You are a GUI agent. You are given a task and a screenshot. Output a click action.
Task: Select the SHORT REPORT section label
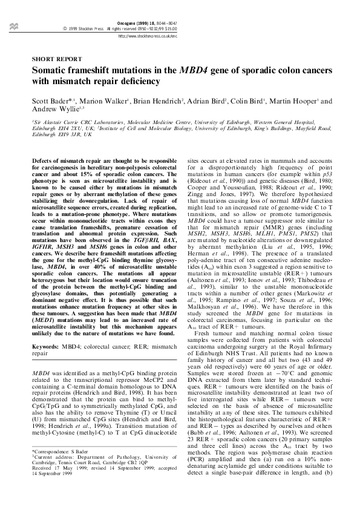click(x=57, y=59)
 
